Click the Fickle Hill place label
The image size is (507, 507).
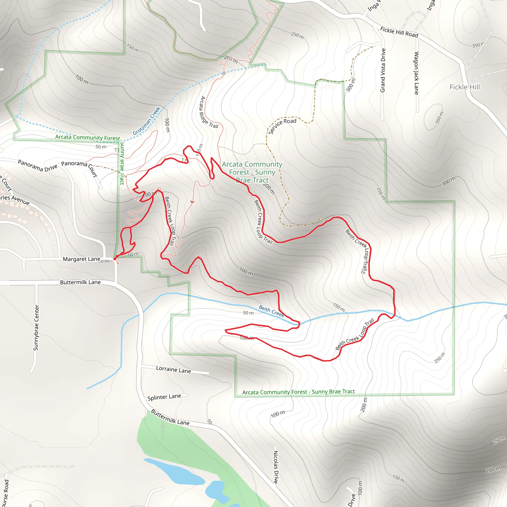[x=464, y=87]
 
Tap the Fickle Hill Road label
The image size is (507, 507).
[x=399, y=32]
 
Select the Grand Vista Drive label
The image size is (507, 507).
[x=383, y=70]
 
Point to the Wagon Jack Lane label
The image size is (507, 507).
[x=416, y=73]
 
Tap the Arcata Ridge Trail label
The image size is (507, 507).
[x=209, y=112]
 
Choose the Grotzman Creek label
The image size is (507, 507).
[x=147, y=121]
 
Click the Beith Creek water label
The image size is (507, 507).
[x=271, y=311]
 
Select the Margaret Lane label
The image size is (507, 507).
[x=81, y=259]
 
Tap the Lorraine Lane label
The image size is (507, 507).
[x=174, y=370]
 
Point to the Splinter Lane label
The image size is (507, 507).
[x=164, y=397]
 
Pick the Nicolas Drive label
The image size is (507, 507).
[x=276, y=467]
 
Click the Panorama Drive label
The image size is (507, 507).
[x=38, y=166]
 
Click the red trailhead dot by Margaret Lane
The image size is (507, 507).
[x=115, y=259]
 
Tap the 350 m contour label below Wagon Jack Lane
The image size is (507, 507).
[x=439, y=118]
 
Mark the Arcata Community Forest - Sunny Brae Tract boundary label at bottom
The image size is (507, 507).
[x=298, y=392]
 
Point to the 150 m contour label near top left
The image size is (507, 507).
[x=132, y=48]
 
